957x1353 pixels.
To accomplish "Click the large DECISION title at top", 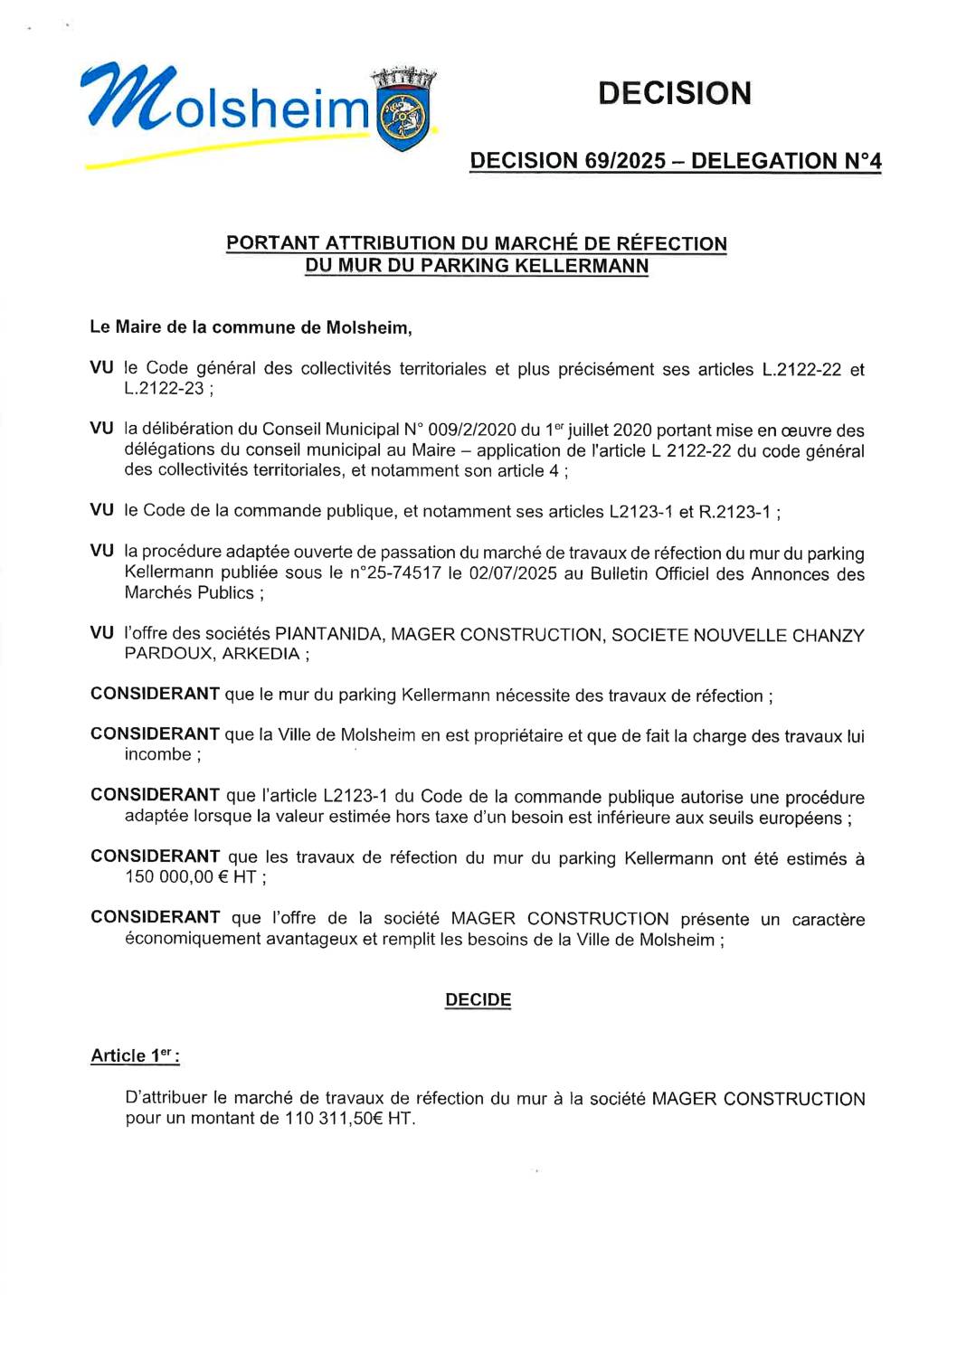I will [674, 93].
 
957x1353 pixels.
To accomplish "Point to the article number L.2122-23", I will [164, 389].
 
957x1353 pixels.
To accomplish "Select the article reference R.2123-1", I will [734, 512].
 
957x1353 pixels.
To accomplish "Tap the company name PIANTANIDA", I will [327, 635].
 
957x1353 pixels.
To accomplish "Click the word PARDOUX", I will [166, 654].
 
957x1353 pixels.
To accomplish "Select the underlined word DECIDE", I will [478, 999].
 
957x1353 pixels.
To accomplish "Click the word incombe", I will [157, 754].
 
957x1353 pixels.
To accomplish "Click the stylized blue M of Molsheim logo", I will [127, 98].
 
